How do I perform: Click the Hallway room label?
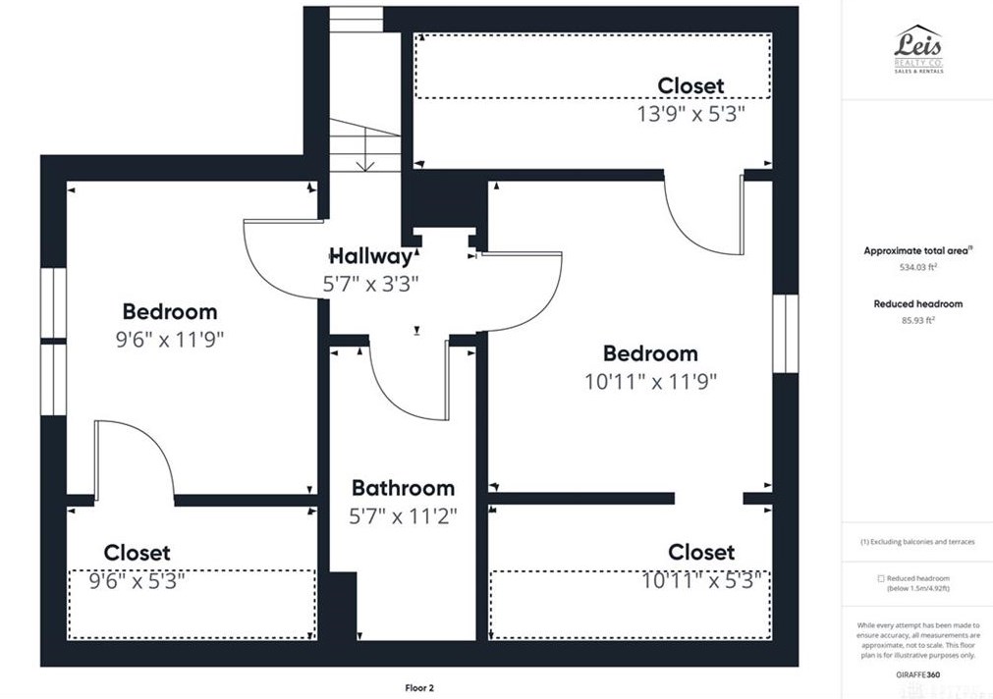pyautogui.click(x=370, y=257)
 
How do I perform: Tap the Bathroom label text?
pyautogui.click(x=403, y=488)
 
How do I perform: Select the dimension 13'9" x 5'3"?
pyautogui.click(x=690, y=113)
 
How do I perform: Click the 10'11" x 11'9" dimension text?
pyautogui.click(x=650, y=381)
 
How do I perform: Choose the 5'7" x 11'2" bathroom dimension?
pyautogui.click(x=403, y=515)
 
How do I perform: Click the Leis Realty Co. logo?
pyautogui.click(x=917, y=48)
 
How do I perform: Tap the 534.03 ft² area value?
pyautogui.click(x=916, y=266)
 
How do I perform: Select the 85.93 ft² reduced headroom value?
pyautogui.click(x=917, y=319)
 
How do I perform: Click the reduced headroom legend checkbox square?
pyautogui.click(x=881, y=578)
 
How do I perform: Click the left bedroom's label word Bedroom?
pyautogui.click(x=170, y=312)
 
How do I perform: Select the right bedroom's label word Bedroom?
pyautogui.click(x=650, y=353)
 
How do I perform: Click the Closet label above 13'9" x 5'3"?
pyautogui.click(x=690, y=86)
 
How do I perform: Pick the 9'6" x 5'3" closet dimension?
pyautogui.click(x=137, y=580)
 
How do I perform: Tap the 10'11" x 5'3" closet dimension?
pyautogui.click(x=701, y=580)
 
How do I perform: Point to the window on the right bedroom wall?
pyautogui.click(x=785, y=334)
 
